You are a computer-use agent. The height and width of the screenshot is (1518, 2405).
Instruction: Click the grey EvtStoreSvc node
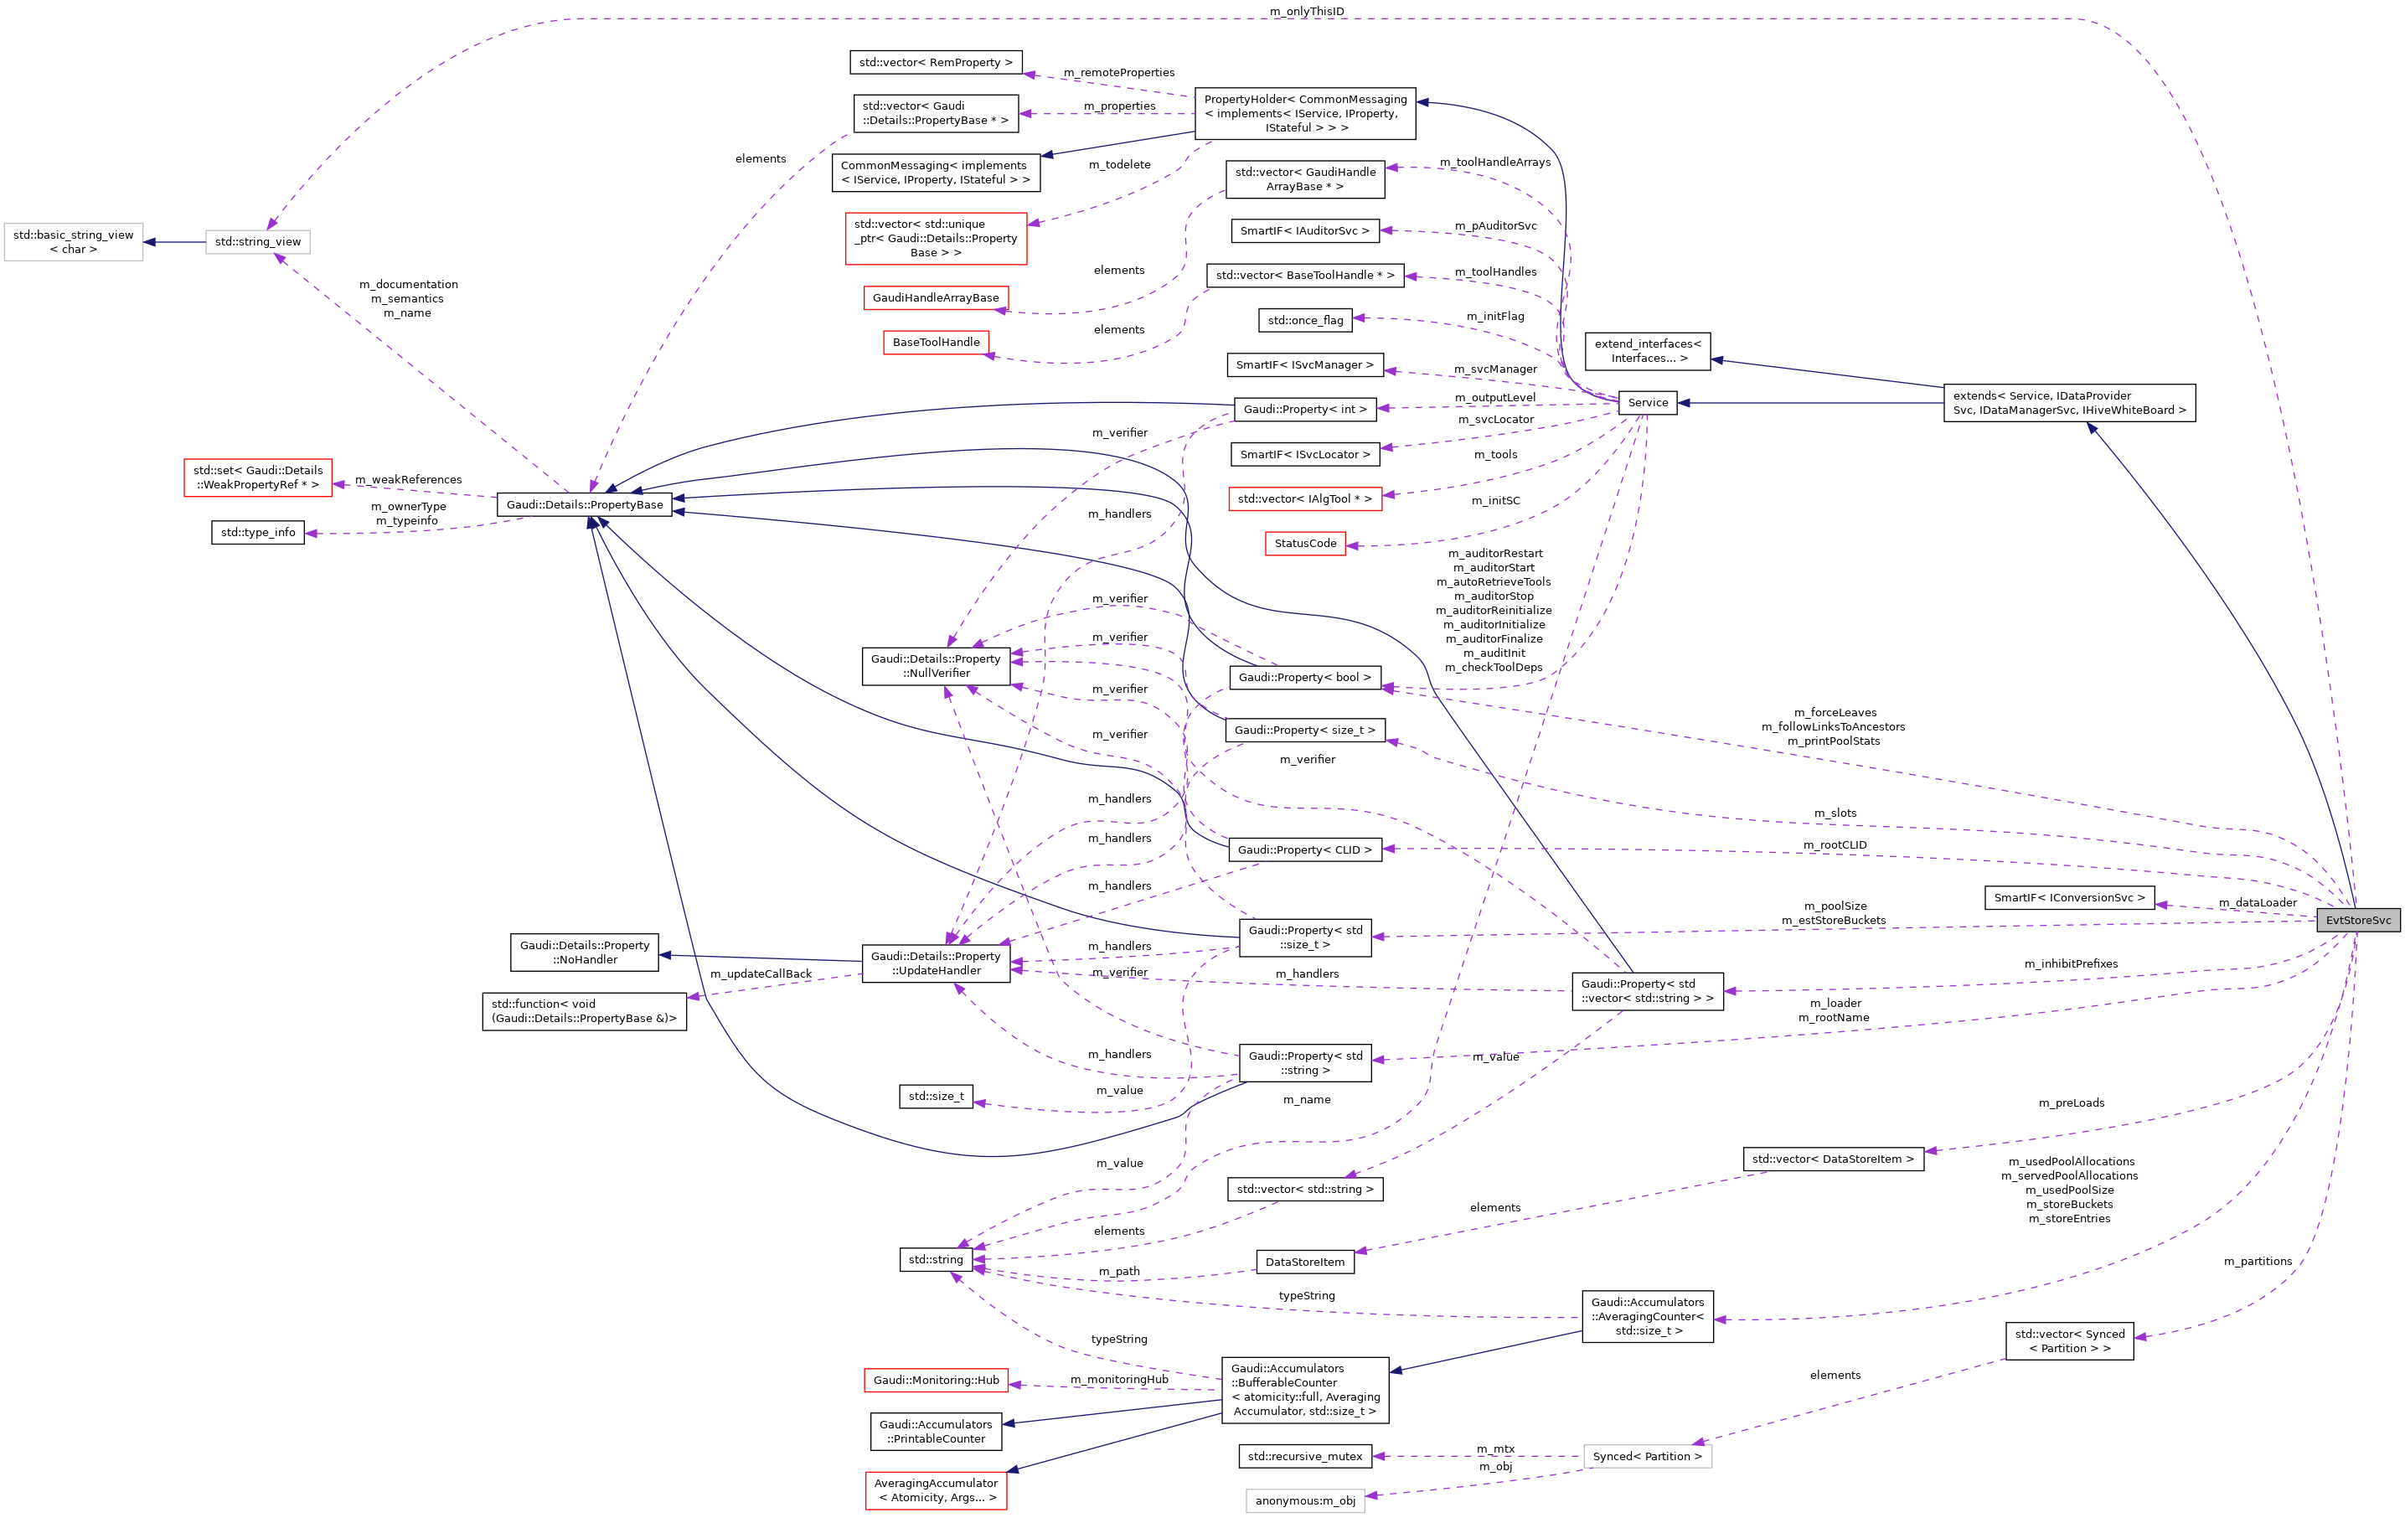[x=2357, y=920]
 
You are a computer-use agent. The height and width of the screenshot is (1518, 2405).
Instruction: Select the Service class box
[x=1647, y=402]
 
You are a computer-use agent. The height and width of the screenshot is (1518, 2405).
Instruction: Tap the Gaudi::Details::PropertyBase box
[x=584, y=504]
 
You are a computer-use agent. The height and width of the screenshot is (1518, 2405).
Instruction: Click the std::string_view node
[x=258, y=241]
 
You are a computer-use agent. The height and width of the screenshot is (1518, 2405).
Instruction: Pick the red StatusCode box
[x=1304, y=544]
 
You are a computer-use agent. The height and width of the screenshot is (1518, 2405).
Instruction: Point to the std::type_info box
[x=258, y=532]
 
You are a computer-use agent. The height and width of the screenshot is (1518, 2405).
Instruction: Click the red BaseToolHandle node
[x=936, y=343]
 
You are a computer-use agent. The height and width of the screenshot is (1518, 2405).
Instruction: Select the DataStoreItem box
[x=1304, y=1262]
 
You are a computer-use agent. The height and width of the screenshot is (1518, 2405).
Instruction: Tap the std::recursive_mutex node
[x=1304, y=1456]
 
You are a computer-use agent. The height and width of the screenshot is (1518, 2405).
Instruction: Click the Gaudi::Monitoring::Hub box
[x=936, y=1380]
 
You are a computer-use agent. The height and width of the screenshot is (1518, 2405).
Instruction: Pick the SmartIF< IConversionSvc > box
[x=2068, y=898]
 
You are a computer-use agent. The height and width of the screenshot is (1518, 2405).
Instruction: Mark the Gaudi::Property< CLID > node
[x=1304, y=849]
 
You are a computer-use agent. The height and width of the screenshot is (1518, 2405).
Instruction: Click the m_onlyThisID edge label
[x=1306, y=11]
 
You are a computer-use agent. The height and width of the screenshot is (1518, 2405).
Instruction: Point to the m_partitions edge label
[x=2258, y=1262]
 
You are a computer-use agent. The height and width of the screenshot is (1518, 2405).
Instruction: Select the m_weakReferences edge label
[x=409, y=479]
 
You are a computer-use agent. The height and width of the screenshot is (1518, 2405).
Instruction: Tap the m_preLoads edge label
[x=2071, y=1102]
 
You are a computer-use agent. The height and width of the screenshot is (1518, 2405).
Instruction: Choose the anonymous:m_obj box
[x=1304, y=1500]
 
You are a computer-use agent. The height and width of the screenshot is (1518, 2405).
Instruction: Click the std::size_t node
[x=936, y=1097]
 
